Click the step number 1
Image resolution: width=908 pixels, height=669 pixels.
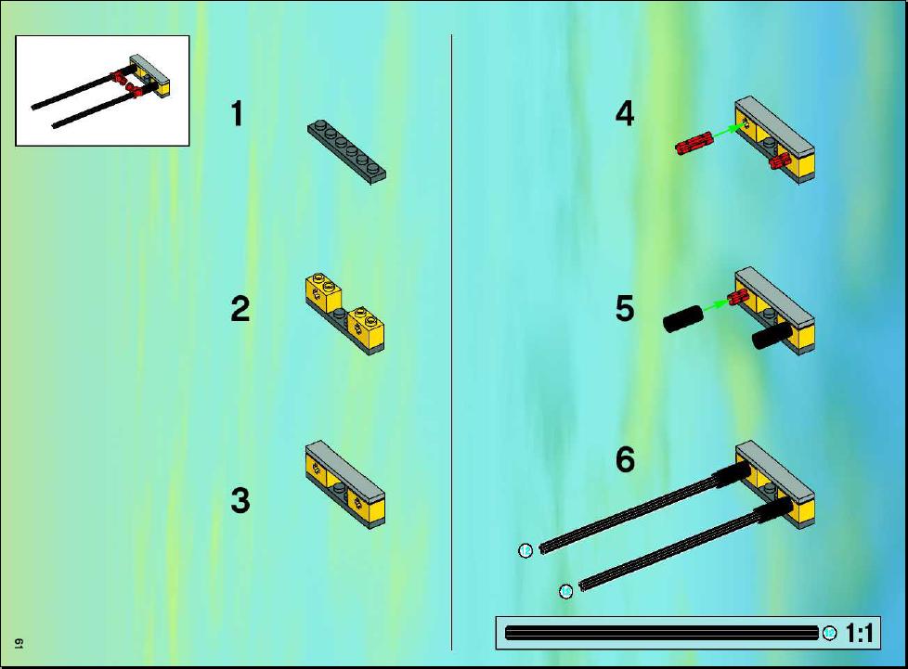(x=237, y=113)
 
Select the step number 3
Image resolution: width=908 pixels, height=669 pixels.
(x=240, y=501)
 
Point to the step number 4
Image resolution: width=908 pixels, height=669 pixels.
(x=625, y=113)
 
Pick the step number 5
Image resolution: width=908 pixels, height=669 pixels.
(x=625, y=308)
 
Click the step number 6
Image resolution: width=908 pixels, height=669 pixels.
(x=625, y=460)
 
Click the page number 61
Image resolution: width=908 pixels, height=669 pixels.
(x=19, y=643)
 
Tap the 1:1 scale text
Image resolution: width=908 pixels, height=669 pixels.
(x=860, y=633)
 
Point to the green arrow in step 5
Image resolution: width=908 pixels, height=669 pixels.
(x=717, y=306)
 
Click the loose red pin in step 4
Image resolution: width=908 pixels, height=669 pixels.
(x=694, y=144)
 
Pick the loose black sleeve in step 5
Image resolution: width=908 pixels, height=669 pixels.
(x=683, y=319)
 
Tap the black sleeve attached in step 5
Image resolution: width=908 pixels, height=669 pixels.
(x=772, y=336)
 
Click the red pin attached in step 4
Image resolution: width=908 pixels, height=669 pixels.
(x=780, y=161)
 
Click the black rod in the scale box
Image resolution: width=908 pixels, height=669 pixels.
(x=662, y=633)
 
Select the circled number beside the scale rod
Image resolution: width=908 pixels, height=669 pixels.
(x=829, y=633)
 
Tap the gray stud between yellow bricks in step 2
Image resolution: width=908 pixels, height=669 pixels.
(x=339, y=314)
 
